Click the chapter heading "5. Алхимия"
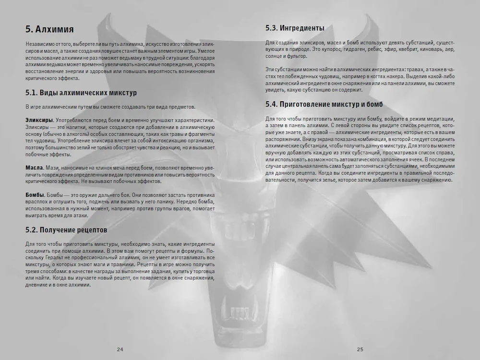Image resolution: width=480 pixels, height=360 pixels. (x=49, y=29)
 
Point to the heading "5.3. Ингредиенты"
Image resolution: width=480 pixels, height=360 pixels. (x=294, y=28)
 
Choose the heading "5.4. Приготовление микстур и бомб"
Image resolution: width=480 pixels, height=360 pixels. (x=324, y=105)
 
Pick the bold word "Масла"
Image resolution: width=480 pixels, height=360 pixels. (x=34, y=169)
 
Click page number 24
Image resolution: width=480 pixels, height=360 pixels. (x=120, y=349)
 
